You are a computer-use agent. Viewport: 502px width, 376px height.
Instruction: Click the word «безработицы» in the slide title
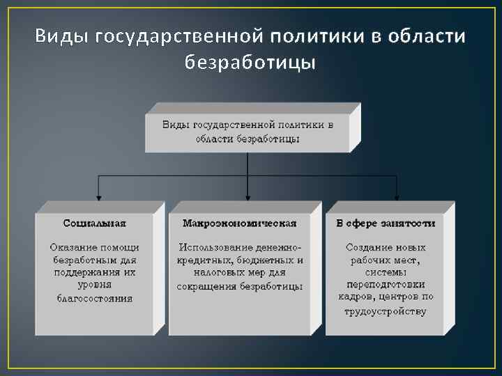(x=250, y=63)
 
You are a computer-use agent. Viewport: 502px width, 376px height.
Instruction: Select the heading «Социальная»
(x=94, y=224)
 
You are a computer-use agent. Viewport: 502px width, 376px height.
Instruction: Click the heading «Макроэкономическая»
(x=240, y=224)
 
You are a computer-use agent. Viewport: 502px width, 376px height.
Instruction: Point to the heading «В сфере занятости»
(x=386, y=224)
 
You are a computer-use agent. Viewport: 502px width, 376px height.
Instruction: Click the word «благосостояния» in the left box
(x=94, y=298)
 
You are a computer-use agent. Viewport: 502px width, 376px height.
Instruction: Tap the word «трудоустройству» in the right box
(x=386, y=311)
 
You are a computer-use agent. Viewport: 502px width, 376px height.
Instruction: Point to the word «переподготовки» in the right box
(x=386, y=285)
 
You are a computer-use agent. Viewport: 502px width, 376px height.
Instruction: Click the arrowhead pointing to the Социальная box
(x=98, y=197)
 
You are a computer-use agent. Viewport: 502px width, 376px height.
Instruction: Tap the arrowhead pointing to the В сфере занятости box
(x=397, y=197)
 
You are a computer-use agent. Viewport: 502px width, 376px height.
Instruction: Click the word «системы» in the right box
(x=386, y=272)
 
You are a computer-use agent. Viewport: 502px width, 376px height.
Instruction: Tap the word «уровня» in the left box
(x=94, y=285)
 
